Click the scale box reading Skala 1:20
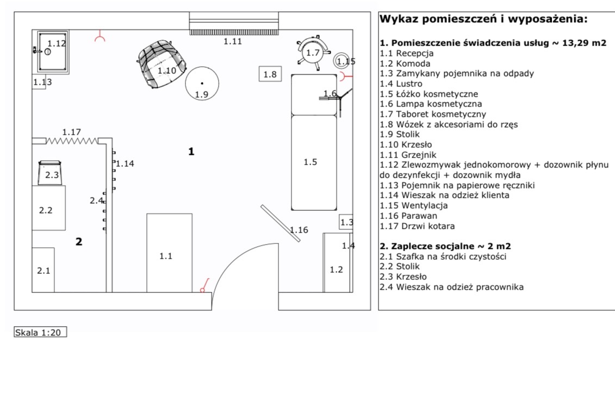40,332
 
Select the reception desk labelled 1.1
170,253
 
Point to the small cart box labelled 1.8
270,74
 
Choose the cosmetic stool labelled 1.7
313,52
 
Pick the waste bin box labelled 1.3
346,222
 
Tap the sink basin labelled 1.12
53,51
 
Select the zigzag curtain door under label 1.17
72,141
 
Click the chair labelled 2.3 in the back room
51,173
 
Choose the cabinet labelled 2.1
44,270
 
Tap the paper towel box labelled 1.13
39,83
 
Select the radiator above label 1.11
234,25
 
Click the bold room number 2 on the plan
79,242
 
